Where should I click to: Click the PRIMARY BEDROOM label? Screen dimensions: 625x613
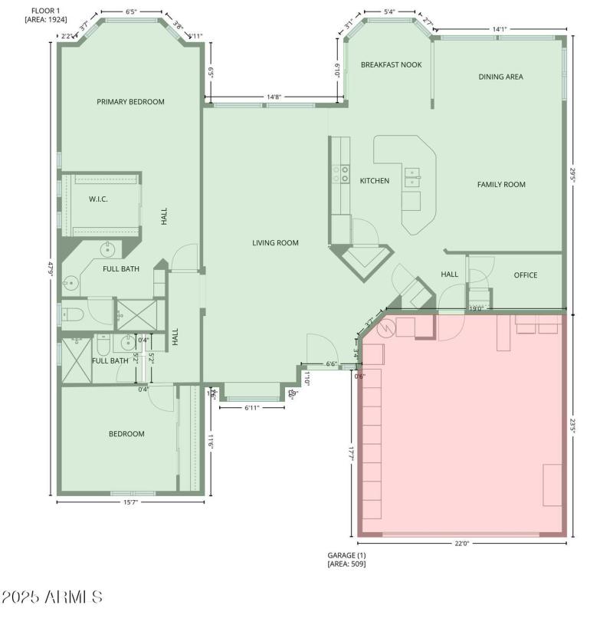click(x=130, y=101)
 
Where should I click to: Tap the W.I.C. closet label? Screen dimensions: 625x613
click(x=98, y=199)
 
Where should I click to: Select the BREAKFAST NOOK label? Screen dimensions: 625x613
click(x=392, y=65)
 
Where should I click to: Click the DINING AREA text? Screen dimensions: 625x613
click(x=500, y=77)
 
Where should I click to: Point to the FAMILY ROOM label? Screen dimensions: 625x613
click(x=501, y=184)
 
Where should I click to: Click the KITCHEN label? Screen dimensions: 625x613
click(x=375, y=181)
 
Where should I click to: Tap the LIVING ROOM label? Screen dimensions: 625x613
click(x=275, y=243)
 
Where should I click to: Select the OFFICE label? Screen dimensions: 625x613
click(x=525, y=275)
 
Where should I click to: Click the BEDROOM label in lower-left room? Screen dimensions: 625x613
click(x=126, y=434)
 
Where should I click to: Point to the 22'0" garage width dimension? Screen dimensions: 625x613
click(x=461, y=544)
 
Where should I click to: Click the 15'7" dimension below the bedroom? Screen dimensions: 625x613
click(x=130, y=502)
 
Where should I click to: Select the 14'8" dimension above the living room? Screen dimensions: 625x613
click(x=274, y=97)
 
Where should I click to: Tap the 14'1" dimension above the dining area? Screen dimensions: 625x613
click(x=499, y=30)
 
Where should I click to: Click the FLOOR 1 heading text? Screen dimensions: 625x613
click(x=46, y=9)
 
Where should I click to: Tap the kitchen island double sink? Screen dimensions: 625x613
click(x=413, y=177)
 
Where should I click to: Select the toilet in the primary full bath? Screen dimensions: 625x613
click(x=71, y=313)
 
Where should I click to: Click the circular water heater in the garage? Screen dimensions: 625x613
click(x=385, y=328)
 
